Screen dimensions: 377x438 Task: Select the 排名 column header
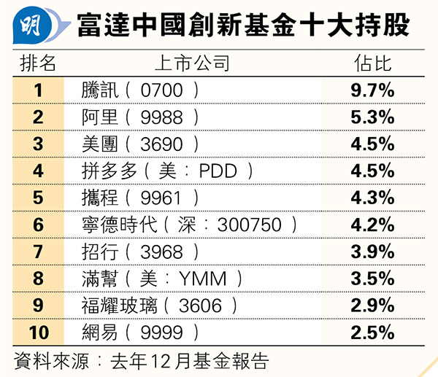(37, 63)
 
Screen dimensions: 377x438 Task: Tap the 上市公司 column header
(192, 63)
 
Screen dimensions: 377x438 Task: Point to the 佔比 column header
(372, 63)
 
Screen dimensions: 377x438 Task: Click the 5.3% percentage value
(372, 117)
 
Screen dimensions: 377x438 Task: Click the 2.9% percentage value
(372, 306)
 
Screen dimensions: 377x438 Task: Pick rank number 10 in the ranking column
(38, 333)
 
